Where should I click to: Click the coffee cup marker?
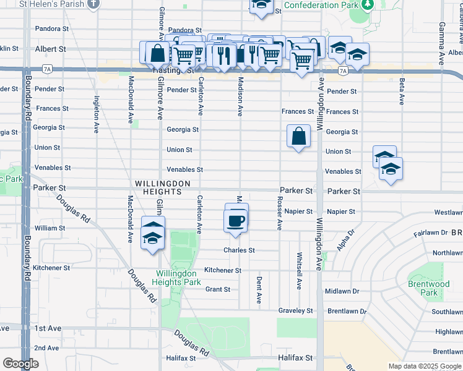click(x=236, y=220)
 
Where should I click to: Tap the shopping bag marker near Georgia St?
click(x=299, y=136)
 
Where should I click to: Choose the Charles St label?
click(x=239, y=250)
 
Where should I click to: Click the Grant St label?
click(x=218, y=289)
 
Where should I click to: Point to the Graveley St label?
click(x=296, y=311)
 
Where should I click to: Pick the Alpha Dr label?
click(x=345, y=241)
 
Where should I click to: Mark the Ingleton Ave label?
click(x=97, y=114)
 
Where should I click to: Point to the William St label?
click(x=50, y=228)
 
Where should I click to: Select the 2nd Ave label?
click(x=47, y=348)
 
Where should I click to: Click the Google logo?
click(x=21, y=364)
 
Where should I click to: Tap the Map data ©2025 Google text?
click(x=424, y=366)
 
